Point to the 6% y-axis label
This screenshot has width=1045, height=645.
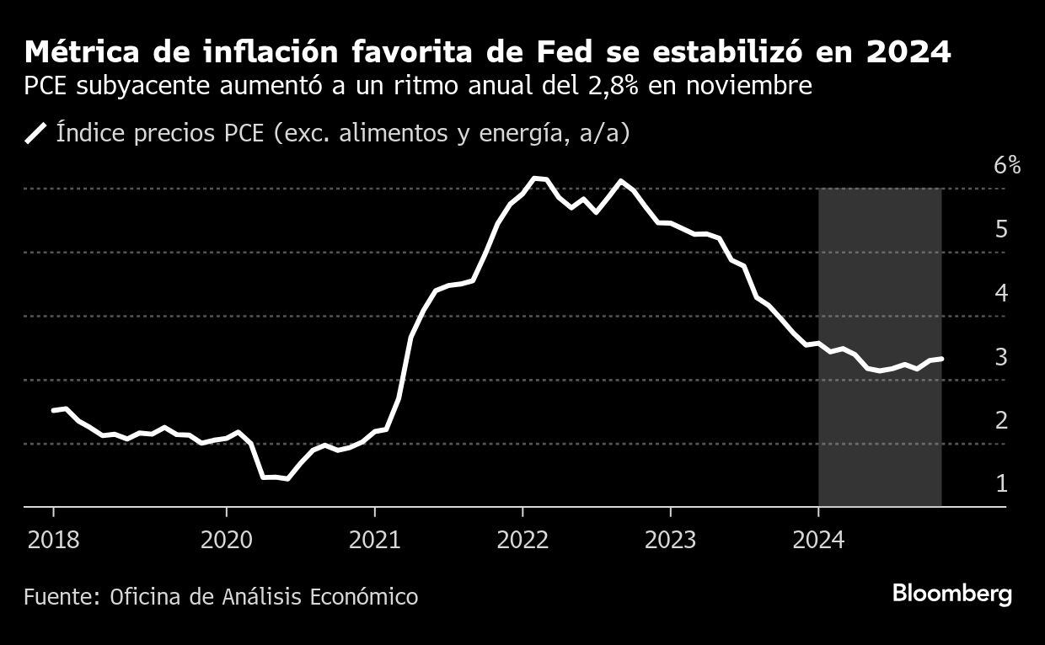click(x=1007, y=165)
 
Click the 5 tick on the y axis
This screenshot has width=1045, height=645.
click(x=1001, y=229)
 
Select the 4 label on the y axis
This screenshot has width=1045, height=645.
click(x=1001, y=293)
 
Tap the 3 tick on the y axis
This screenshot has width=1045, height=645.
click(x=1001, y=357)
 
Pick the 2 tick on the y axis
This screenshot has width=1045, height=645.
click(x=1001, y=420)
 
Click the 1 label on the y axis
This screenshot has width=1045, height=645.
click(x=1001, y=483)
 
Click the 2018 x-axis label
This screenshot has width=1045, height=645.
click(x=53, y=539)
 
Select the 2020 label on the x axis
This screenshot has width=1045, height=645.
click(x=227, y=539)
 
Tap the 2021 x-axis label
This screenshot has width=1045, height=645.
click(x=374, y=539)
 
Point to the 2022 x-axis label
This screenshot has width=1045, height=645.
click(x=522, y=539)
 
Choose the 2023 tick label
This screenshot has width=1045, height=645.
click(x=670, y=539)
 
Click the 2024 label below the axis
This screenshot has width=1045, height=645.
click(x=818, y=539)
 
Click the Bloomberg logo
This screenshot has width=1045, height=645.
click(x=951, y=594)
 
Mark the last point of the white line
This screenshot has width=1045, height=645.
click(x=940, y=359)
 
